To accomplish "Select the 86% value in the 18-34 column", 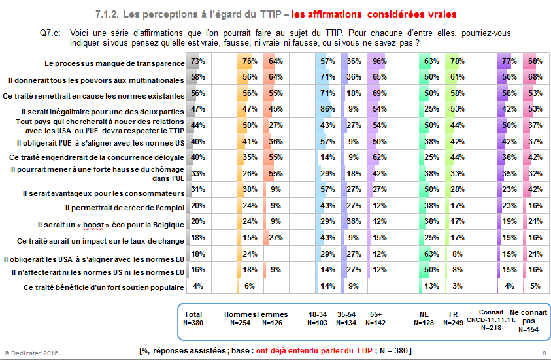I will (327, 108).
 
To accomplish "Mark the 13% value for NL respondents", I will (430, 286).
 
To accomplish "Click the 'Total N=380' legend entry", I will (194, 318).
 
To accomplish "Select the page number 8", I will (544, 353).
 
